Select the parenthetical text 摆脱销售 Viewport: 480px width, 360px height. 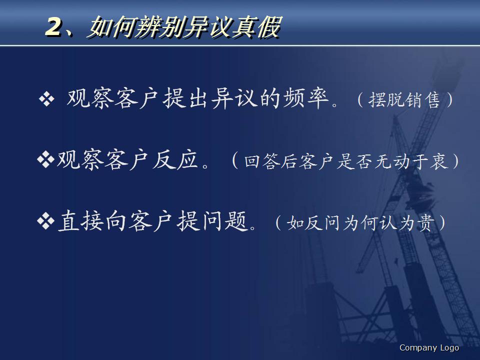point(404,100)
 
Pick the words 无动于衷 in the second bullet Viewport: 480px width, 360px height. point(410,162)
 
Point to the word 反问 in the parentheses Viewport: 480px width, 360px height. point(320,223)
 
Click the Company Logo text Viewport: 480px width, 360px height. point(429,347)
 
